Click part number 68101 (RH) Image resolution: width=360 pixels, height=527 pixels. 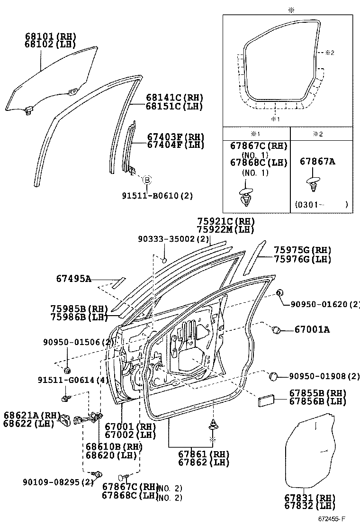point(50,36)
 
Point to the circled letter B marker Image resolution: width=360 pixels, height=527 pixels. point(147,180)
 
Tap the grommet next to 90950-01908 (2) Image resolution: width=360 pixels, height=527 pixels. point(273,376)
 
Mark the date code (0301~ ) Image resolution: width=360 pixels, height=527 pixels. point(321,205)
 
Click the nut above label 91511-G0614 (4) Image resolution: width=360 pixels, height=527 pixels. point(67,369)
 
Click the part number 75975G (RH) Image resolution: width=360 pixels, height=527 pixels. point(302,250)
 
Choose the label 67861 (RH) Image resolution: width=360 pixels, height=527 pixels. point(204,454)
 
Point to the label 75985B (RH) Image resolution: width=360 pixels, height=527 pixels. point(80,309)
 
